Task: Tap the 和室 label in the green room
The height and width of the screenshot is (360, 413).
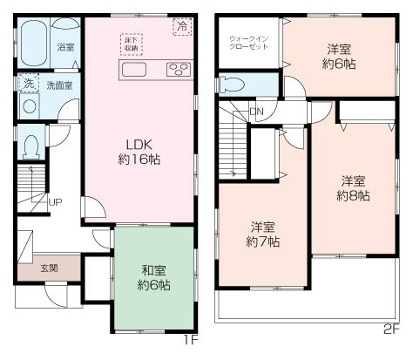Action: [152, 277]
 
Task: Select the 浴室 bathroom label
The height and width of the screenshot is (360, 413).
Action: [65, 47]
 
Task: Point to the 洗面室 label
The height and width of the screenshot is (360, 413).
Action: [59, 85]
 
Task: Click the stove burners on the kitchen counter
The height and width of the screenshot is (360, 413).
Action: [179, 70]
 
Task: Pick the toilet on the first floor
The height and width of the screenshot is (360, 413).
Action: [30, 146]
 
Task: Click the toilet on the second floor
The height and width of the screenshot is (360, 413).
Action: [234, 85]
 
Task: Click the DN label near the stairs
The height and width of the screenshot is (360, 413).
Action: [256, 112]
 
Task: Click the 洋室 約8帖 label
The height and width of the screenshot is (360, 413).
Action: [353, 188]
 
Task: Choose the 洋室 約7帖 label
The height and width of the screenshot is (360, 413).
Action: [261, 234]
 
